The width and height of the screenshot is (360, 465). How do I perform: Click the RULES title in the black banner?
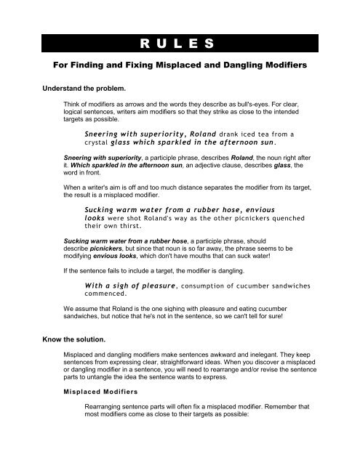[x=180, y=44]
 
